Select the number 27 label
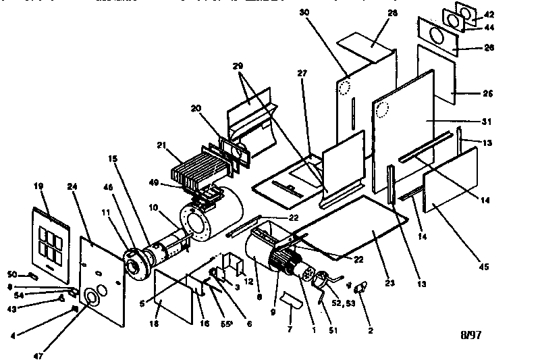coord(302,72)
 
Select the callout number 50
coord(13,274)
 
